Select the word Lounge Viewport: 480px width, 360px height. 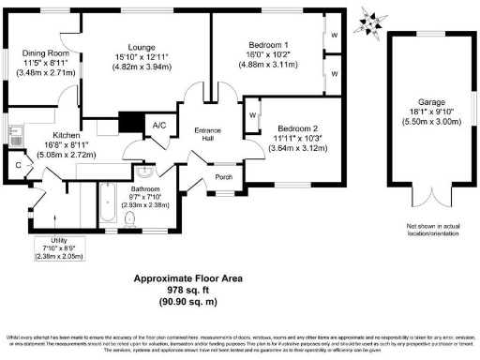tap(141, 48)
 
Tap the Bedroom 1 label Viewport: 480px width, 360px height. tap(268, 45)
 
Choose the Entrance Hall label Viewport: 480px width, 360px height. tap(206, 134)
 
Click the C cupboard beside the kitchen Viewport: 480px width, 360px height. tap(18, 166)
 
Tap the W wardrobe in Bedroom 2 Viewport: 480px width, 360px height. tap(254, 116)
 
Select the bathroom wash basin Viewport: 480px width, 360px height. tap(144, 175)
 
